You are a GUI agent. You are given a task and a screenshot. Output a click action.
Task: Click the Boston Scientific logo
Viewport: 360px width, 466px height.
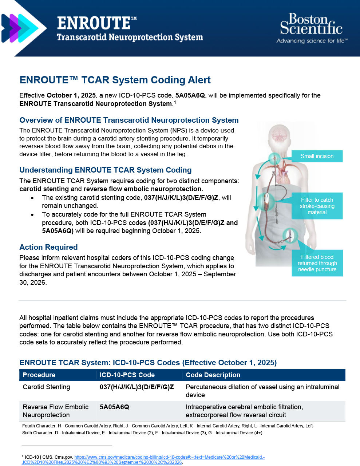(x=311, y=25)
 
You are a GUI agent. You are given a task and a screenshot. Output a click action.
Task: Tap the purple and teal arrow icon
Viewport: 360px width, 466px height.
(x=20, y=28)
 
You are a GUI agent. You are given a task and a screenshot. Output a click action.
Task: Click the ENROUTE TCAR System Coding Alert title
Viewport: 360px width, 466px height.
(x=115, y=80)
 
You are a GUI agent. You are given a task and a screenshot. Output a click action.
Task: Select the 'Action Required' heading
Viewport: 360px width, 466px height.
(x=48, y=247)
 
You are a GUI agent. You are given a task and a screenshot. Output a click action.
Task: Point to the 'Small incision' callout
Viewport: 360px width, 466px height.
(x=317, y=156)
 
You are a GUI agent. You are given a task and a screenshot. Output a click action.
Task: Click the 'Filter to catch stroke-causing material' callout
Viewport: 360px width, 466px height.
(x=317, y=206)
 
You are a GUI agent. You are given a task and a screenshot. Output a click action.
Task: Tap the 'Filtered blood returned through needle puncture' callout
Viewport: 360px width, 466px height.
(x=317, y=263)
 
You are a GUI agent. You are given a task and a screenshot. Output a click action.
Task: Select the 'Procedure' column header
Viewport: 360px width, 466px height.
(x=39, y=375)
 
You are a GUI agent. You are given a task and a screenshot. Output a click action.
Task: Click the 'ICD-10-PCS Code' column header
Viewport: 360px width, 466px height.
(x=127, y=375)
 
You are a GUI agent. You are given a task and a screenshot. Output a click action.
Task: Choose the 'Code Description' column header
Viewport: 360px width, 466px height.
(x=213, y=375)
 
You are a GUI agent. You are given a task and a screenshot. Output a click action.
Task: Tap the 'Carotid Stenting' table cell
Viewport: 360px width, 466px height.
(x=46, y=387)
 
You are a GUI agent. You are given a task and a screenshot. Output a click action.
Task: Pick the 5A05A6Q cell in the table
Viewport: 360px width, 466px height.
(x=114, y=407)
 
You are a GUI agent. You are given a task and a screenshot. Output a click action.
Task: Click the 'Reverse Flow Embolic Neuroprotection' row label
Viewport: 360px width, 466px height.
(x=55, y=411)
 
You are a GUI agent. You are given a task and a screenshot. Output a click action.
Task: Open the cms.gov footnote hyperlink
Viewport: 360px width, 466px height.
(x=169, y=457)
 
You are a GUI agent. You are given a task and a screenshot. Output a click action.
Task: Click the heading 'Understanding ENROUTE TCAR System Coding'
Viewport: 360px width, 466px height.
(x=105, y=170)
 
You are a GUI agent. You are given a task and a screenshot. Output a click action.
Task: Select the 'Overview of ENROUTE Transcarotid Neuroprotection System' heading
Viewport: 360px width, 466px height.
(x=129, y=120)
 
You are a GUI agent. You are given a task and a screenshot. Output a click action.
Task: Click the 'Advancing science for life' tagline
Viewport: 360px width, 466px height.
(x=312, y=41)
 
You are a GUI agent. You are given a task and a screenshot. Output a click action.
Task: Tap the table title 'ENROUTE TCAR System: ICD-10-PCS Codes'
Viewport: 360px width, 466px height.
(x=148, y=363)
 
